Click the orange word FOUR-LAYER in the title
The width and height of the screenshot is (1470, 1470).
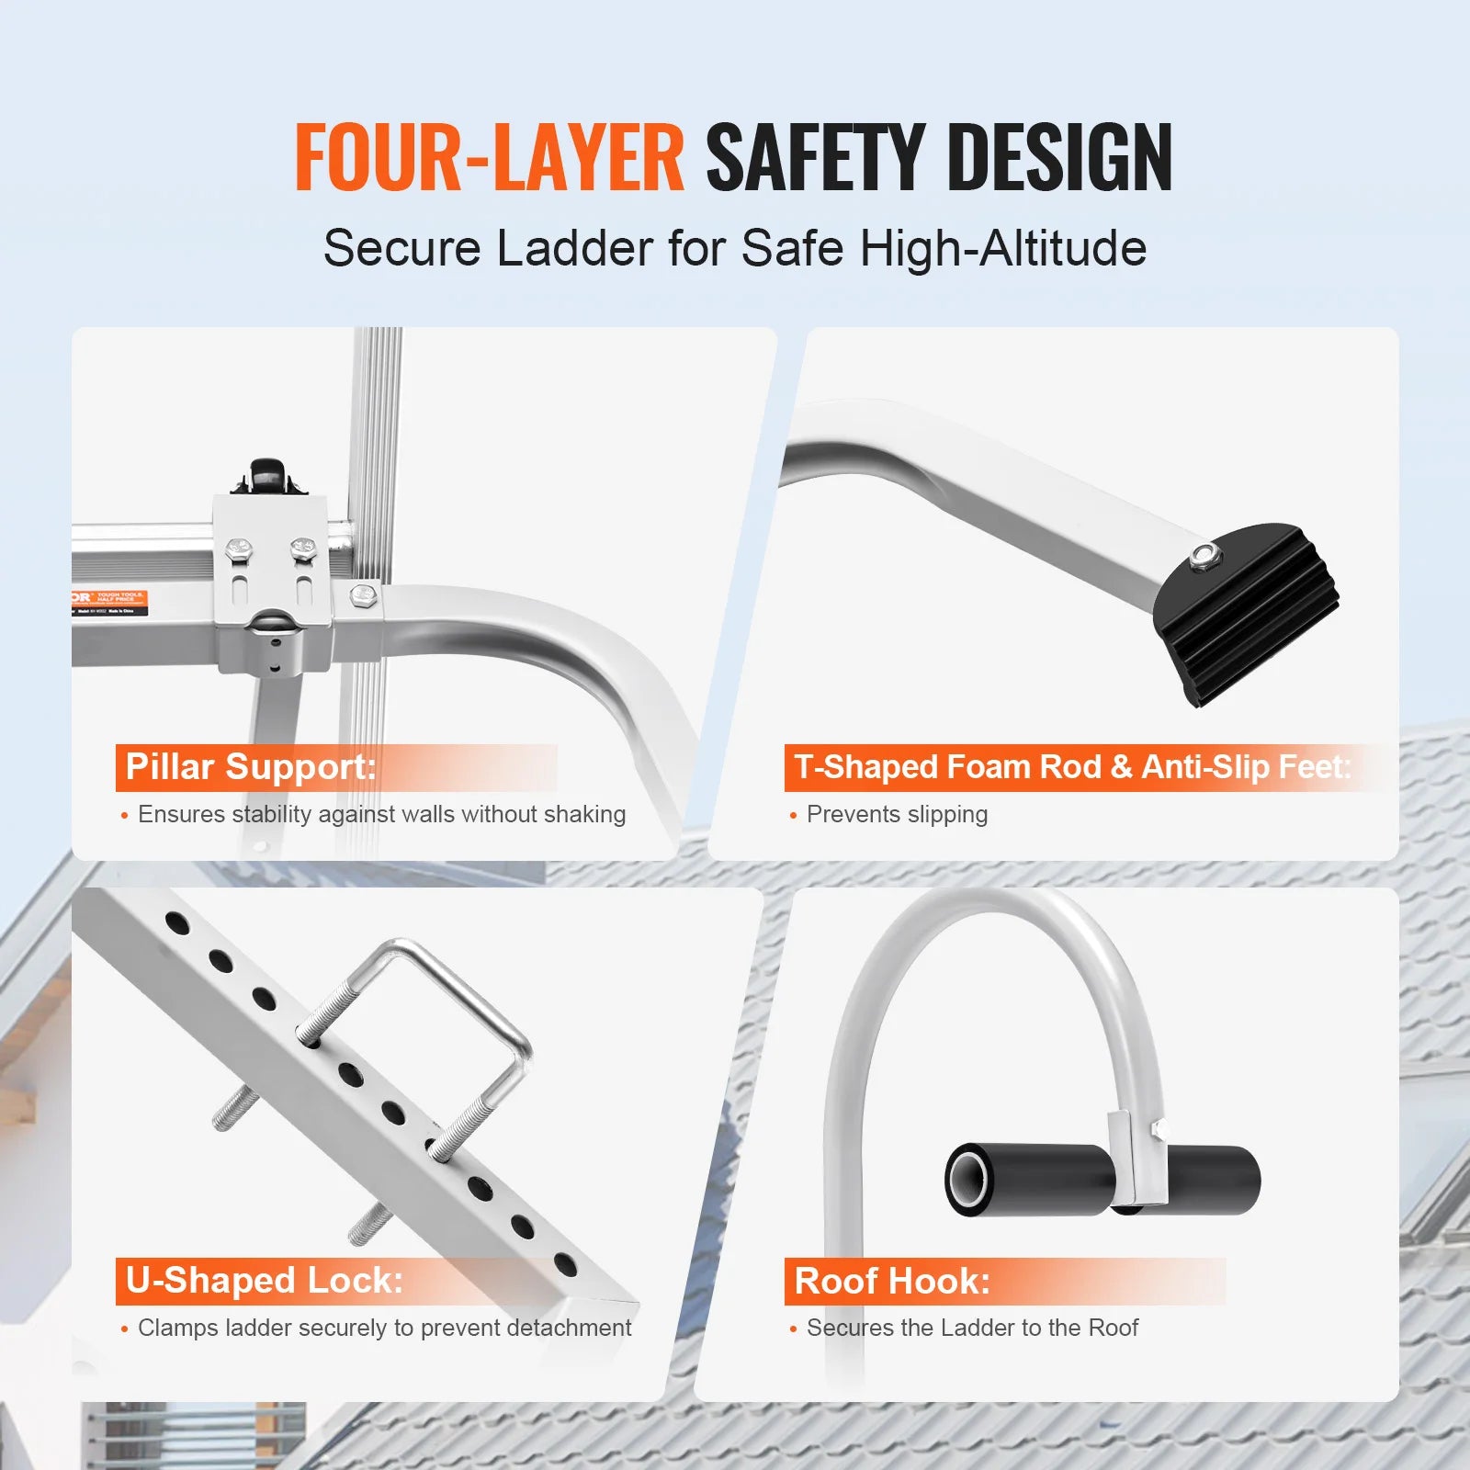[489, 158]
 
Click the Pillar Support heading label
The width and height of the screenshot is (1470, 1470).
[251, 767]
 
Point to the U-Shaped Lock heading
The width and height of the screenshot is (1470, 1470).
[265, 1281]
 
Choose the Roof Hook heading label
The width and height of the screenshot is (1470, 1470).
[892, 1281]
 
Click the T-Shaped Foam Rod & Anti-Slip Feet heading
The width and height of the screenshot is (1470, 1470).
[1072, 767]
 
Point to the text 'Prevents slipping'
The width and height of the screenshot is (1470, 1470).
[897, 815]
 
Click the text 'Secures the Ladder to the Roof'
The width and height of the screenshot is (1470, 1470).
[972, 1329]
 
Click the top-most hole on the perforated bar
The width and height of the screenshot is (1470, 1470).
[177, 923]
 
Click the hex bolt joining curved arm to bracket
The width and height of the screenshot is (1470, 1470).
[364, 594]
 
